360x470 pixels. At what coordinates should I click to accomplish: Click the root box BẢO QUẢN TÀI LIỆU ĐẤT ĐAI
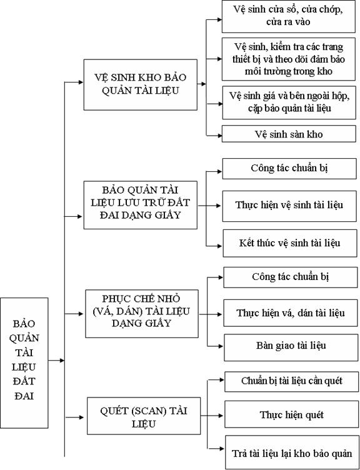[x=24, y=362]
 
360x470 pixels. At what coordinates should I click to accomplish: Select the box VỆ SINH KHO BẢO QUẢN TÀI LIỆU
[x=140, y=84]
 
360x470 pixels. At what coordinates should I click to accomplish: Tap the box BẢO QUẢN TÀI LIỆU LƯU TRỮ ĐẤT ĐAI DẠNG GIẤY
[x=140, y=205]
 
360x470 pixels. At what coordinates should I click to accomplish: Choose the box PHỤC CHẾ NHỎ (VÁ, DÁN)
[x=142, y=314]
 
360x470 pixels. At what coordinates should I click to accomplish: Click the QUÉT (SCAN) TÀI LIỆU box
[x=144, y=416]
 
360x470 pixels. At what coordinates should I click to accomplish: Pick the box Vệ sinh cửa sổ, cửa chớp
[x=288, y=16]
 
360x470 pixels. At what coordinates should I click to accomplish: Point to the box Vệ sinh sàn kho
[x=289, y=134]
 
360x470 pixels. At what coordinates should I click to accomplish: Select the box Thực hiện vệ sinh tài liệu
[x=289, y=206]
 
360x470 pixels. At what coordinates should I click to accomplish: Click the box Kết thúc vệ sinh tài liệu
[x=290, y=243]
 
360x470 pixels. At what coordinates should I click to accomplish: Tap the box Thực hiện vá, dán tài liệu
[x=291, y=313]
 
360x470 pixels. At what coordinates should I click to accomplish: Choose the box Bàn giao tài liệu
[x=291, y=347]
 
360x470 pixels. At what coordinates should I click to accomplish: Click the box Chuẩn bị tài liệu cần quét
[x=291, y=382]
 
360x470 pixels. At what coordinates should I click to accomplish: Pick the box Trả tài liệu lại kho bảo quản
[x=292, y=452]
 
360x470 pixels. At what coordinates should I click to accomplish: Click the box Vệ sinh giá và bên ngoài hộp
[x=289, y=102]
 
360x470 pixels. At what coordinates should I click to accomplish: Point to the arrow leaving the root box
[x=56, y=360]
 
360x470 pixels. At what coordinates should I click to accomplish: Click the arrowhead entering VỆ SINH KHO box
[x=81, y=82]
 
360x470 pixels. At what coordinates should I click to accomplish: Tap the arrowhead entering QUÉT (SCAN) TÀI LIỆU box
[x=81, y=417]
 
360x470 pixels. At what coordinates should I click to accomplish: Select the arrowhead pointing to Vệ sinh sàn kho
[x=219, y=136]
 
